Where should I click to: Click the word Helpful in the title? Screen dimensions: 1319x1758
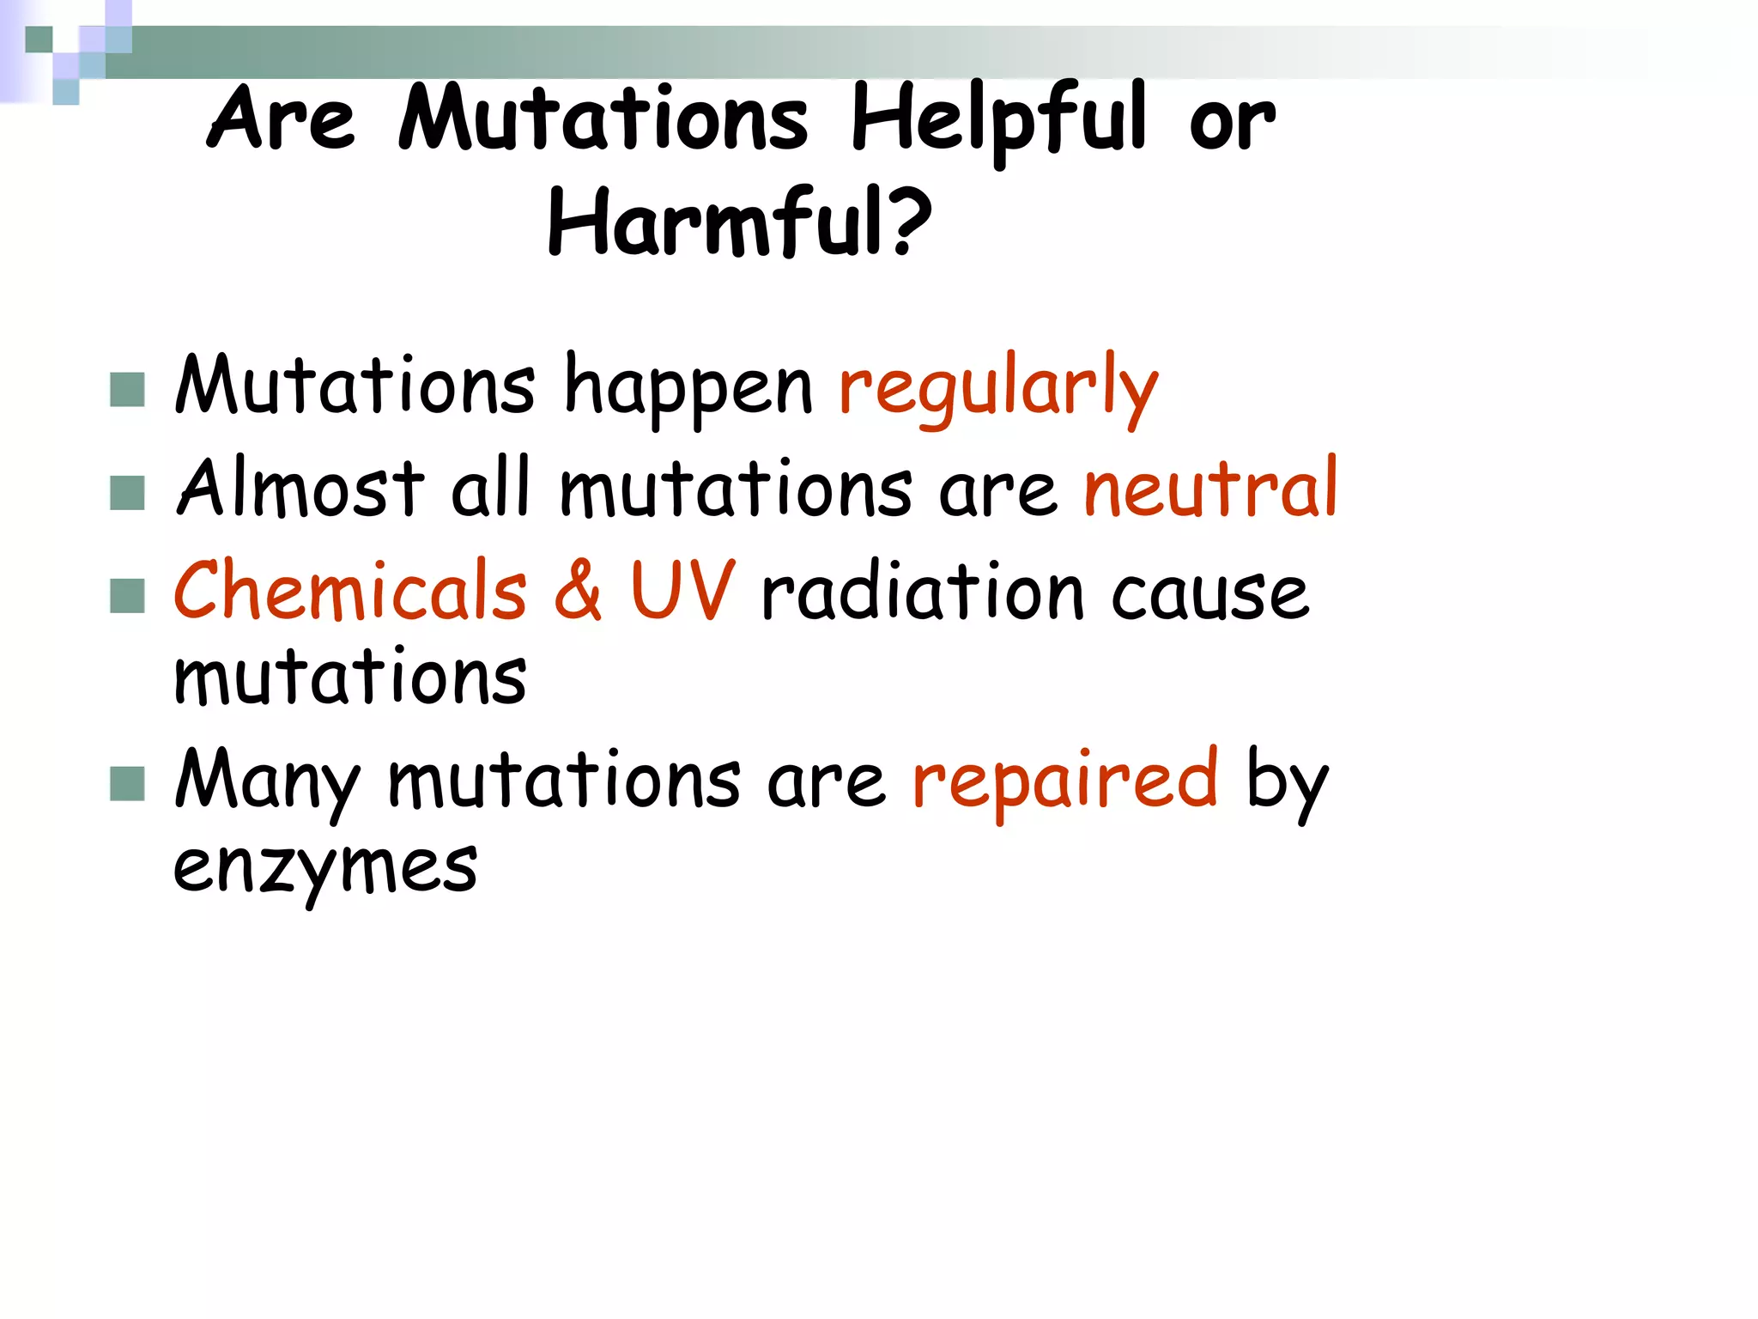click(x=998, y=120)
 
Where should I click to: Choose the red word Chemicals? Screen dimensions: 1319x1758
click(x=350, y=591)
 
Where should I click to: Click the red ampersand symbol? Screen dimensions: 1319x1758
click(x=578, y=591)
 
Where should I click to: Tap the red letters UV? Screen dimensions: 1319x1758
click(x=682, y=591)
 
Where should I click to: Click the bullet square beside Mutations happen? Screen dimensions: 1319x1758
click(x=127, y=390)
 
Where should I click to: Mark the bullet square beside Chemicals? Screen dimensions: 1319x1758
click(x=127, y=596)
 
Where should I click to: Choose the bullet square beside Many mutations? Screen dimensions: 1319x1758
click(x=127, y=784)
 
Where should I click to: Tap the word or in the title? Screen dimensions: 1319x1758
click(x=1232, y=125)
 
